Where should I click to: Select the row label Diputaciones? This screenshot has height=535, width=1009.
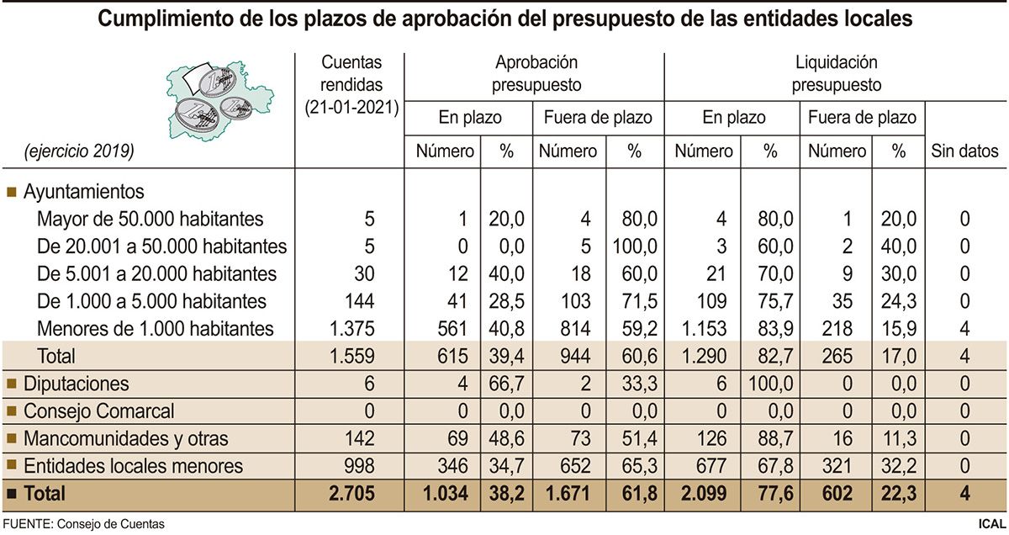tap(76, 384)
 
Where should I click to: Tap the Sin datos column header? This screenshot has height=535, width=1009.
tap(964, 152)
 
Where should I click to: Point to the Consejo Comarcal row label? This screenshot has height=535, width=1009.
tap(98, 411)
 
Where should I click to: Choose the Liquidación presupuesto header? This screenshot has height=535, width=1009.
tap(836, 74)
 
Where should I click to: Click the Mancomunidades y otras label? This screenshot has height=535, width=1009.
tap(125, 439)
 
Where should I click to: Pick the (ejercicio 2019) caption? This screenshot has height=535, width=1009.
tap(79, 152)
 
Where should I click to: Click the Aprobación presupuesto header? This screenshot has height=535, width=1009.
tap(536, 74)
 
